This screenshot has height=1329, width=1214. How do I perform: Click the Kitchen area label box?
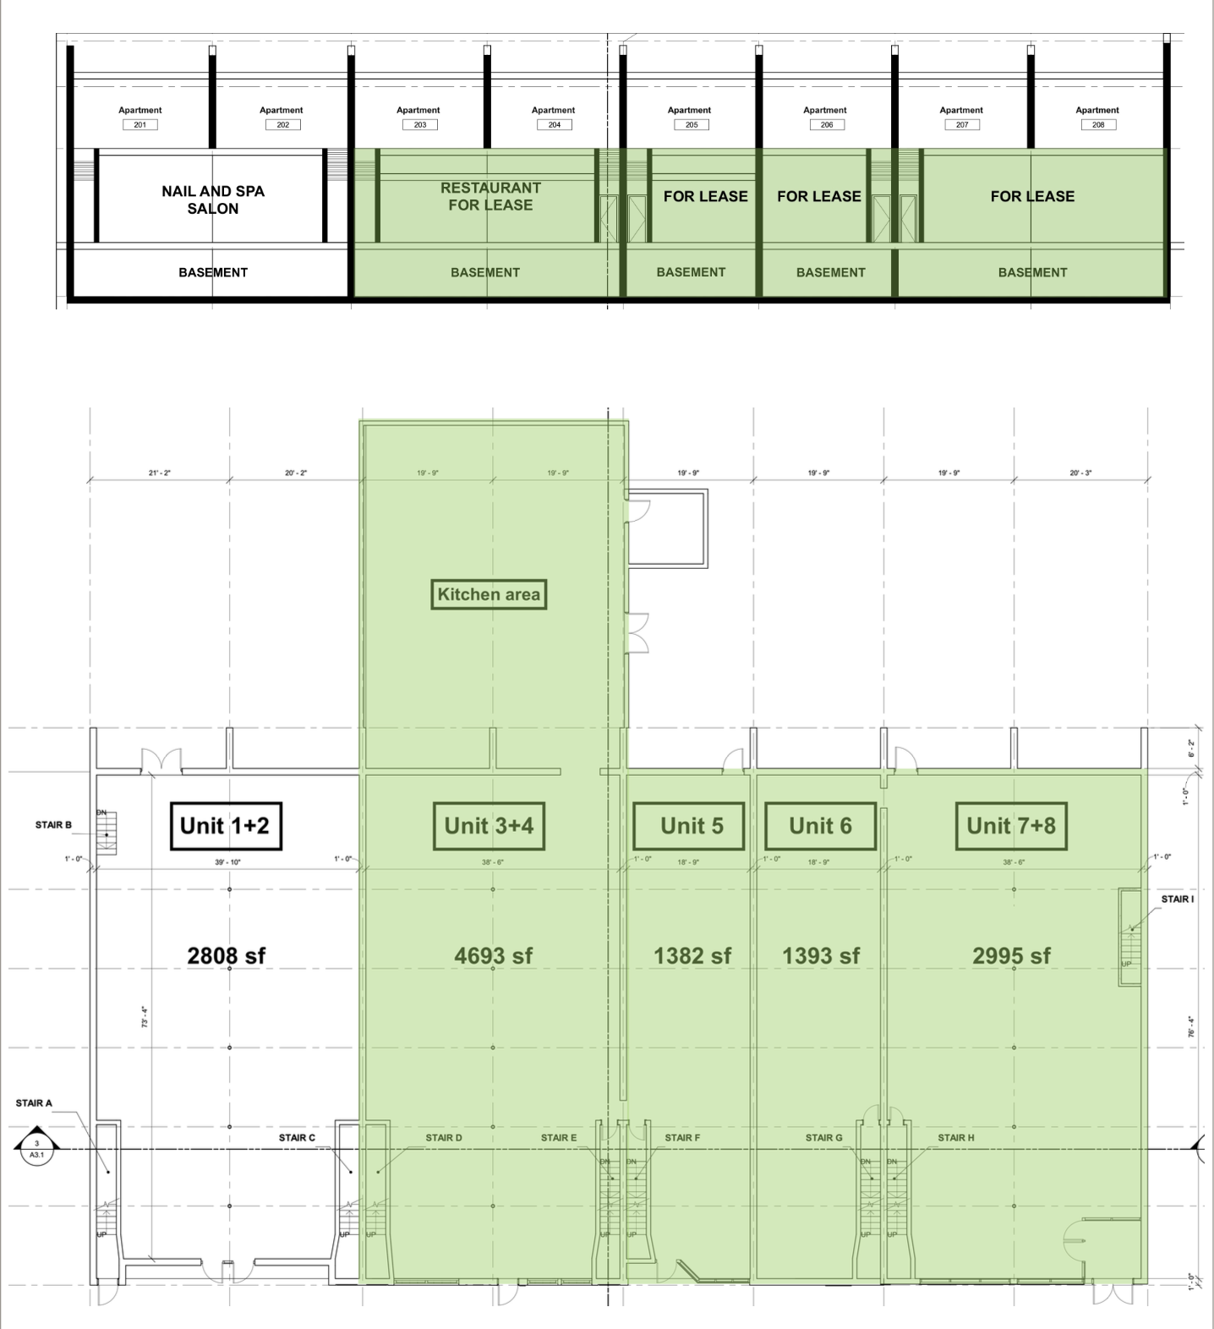click(x=489, y=594)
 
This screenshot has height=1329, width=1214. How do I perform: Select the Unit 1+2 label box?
click(x=225, y=826)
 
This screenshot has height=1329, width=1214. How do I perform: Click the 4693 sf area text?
click(x=493, y=956)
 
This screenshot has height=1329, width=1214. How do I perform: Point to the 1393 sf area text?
click(x=820, y=956)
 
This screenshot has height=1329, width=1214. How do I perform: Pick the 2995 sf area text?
click(x=1011, y=956)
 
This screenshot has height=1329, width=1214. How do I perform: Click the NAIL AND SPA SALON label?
click(x=213, y=200)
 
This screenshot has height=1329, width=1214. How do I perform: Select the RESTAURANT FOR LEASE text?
click(x=490, y=196)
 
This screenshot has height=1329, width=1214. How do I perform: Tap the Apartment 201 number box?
click(x=140, y=125)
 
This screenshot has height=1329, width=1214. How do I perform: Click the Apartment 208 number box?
click(x=1097, y=125)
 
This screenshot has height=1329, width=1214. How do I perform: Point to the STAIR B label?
click(x=53, y=825)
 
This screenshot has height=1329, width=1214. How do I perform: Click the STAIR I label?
click(x=1177, y=900)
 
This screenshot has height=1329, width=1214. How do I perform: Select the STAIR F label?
click(x=681, y=1138)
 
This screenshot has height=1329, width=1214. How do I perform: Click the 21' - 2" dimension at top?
click(x=159, y=473)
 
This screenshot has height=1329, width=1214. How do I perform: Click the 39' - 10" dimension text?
click(x=227, y=863)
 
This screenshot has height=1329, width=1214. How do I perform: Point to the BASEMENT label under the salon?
click(x=213, y=272)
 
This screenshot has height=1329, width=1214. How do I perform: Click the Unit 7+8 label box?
click(x=1011, y=826)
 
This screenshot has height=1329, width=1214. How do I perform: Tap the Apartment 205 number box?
click(x=691, y=125)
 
